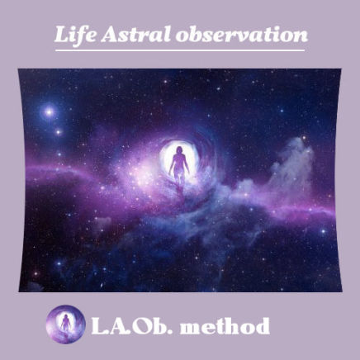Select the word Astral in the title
[x=135, y=36]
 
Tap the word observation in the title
[x=242, y=36]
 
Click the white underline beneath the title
[x=180, y=50]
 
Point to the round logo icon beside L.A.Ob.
[x=65, y=324]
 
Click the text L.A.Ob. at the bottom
[x=131, y=326]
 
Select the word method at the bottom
[x=225, y=326]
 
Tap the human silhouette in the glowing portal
[x=179, y=165]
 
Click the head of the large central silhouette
[x=179, y=150]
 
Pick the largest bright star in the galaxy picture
[x=50, y=112]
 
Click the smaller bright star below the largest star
[x=58, y=132]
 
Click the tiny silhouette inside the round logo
[x=65, y=323]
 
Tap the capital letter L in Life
[x=62, y=35]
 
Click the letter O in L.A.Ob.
[x=144, y=326]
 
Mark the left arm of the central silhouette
[x=172, y=163]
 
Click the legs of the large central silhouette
[x=179, y=176]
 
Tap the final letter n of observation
[x=300, y=37]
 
